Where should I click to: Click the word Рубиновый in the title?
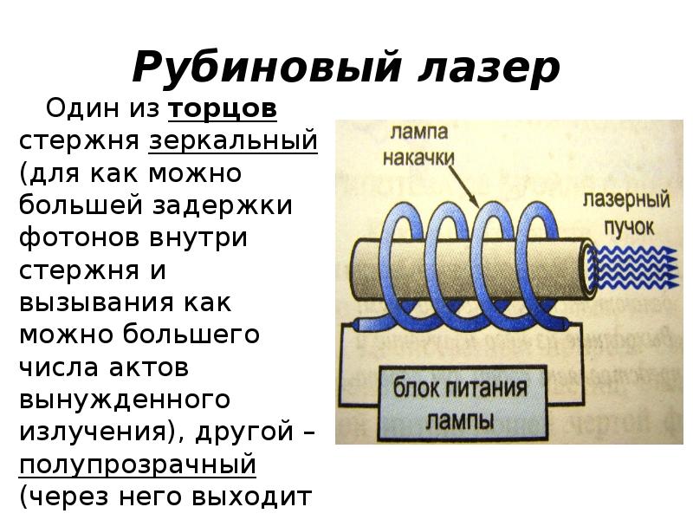(267, 68)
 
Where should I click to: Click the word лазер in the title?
(489, 68)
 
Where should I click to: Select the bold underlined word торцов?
(223, 109)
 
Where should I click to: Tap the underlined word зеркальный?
(233, 141)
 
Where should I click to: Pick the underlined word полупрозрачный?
(138, 465)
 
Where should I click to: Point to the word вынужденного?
(124, 400)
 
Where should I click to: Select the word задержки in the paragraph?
(223, 205)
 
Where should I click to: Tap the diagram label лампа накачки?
(418, 145)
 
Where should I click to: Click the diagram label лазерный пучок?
(626, 212)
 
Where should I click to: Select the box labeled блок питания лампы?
(463, 403)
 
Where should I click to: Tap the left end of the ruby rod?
(356, 270)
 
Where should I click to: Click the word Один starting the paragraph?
(83, 108)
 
